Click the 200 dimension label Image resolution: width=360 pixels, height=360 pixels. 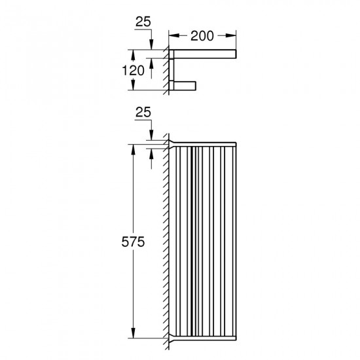pos(202,36)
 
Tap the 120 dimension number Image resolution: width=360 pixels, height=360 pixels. pos(133,71)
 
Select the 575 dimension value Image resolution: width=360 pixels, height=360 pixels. pos(133,242)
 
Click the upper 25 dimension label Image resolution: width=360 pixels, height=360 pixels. pos(143,22)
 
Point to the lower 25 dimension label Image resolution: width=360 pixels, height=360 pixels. pos(143,113)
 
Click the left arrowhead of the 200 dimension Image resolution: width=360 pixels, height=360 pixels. pos(174,35)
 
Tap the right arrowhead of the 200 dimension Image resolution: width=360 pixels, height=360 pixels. pos(231,35)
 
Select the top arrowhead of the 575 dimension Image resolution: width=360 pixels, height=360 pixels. pos(133,149)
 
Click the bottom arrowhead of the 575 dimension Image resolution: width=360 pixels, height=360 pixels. pos(133,333)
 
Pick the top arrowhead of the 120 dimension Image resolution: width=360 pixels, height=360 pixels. pos(133,54)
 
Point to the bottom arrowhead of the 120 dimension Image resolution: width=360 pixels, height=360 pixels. pos(133,85)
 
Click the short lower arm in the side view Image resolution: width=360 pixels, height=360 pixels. pos(183,86)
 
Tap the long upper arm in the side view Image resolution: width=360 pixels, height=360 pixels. pos(203,54)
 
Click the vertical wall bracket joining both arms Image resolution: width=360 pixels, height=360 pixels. pos(171,70)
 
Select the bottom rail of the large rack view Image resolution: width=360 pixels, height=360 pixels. pos(203,338)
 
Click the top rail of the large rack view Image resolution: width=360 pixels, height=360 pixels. pos(203,145)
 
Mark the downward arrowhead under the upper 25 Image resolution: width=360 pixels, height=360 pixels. pos(151,45)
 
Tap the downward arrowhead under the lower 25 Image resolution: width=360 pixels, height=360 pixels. pos(151,135)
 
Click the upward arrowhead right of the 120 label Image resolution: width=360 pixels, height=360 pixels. pos(151,63)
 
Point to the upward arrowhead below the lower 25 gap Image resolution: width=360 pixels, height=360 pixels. pos(151,154)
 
